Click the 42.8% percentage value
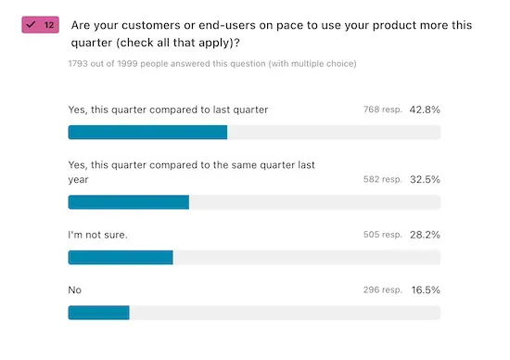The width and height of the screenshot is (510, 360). [426, 109]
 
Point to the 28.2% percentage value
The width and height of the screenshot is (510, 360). [426, 235]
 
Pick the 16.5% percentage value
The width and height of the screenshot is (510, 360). [426, 290]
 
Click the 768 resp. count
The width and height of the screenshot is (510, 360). [383, 109]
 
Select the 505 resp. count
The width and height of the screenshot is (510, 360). [383, 235]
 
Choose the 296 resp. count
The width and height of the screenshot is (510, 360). [383, 290]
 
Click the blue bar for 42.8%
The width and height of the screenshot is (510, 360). [147, 132]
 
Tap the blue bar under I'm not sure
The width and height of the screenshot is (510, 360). [121, 257]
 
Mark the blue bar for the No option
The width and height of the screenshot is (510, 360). [98, 313]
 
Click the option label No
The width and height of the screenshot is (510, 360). [75, 290]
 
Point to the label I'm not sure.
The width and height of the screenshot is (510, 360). [97, 235]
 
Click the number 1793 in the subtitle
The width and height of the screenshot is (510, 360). [79, 64]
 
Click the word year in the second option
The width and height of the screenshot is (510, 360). [78, 179]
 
